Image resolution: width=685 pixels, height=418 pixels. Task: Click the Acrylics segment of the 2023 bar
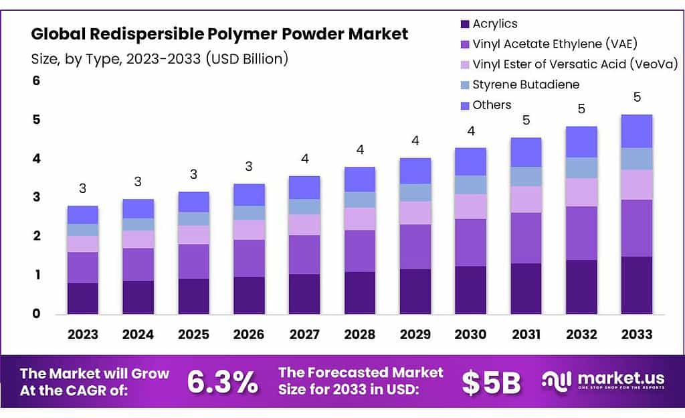[82, 298]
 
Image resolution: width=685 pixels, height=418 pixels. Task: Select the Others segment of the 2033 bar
[636, 131]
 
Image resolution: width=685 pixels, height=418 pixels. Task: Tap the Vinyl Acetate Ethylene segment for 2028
[359, 251]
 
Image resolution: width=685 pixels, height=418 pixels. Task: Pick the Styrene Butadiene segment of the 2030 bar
[470, 185]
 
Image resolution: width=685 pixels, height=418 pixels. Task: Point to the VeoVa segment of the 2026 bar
[249, 230]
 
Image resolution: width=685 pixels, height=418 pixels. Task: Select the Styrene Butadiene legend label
[526, 84]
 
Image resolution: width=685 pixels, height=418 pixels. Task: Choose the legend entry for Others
[492, 104]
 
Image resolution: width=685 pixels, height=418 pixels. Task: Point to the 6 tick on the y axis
[37, 81]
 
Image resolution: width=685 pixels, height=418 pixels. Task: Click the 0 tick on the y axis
[37, 313]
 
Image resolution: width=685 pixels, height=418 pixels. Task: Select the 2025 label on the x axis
[193, 334]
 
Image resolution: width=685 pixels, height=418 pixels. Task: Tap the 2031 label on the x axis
[526, 334]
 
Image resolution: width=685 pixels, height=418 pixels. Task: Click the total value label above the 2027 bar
[304, 159]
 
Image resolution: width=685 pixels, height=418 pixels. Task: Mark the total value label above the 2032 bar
[581, 109]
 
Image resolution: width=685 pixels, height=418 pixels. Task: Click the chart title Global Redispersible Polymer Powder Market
[219, 33]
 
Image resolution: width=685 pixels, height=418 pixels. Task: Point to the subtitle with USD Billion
[160, 58]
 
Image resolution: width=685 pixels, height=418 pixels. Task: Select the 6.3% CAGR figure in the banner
[222, 382]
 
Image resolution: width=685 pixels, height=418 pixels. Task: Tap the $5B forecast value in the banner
[491, 382]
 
